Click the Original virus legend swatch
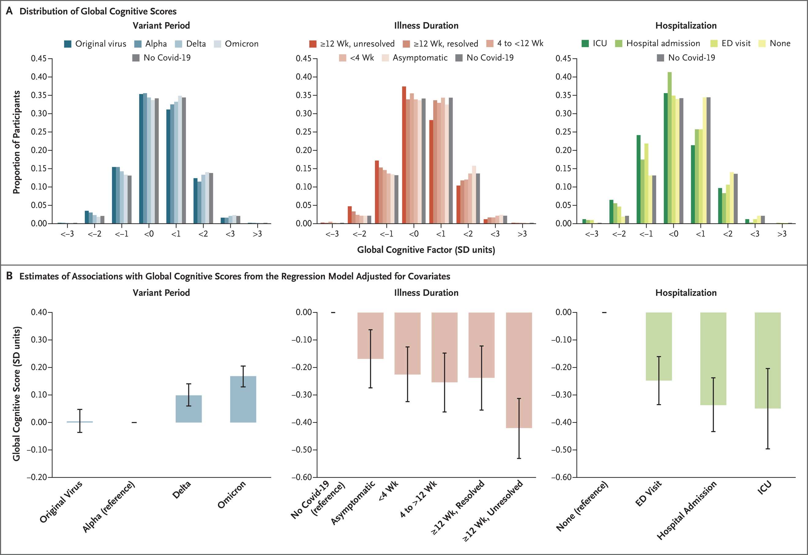coord(68,44)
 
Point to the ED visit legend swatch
coord(714,44)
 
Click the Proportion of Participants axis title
coord(16,142)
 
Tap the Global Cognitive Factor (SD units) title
coord(426,250)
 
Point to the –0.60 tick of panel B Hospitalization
coord(561,477)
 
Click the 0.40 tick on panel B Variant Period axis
coord(39,312)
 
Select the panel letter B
coord(9,276)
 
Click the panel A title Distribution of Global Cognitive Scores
coord(98,11)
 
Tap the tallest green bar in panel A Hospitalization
coord(670,148)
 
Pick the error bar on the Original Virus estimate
coord(80,421)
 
